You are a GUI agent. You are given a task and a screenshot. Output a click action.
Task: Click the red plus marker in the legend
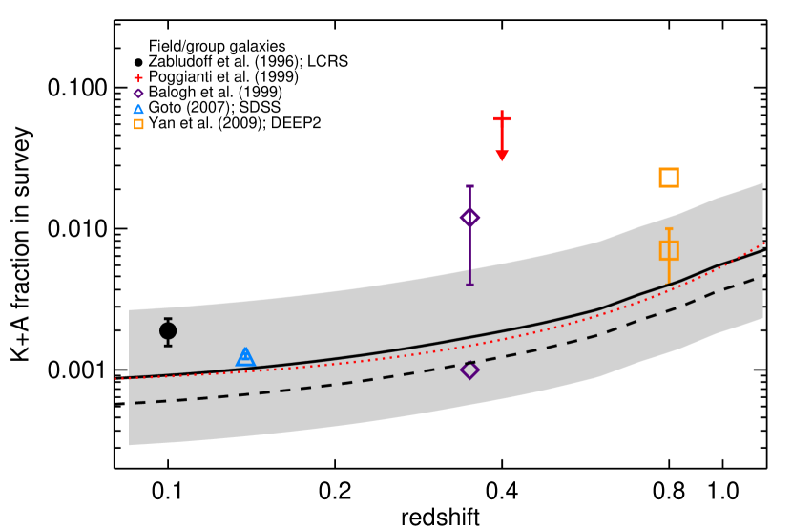click(138, 78)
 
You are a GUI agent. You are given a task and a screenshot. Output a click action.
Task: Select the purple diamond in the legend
click(138, 94)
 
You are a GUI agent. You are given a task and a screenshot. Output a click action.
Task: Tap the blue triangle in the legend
click(138, 109)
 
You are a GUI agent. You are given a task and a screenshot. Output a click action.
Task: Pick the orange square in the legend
click(138, 124)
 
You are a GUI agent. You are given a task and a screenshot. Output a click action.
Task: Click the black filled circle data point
click(168, 331)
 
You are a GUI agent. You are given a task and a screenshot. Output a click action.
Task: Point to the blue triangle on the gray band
click(245, 357)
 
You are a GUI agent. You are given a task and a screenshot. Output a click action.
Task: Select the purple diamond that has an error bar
click(469, 218)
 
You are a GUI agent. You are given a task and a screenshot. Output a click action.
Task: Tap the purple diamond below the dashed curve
click(469, 370)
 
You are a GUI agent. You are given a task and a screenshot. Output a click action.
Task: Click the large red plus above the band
click(502, 118)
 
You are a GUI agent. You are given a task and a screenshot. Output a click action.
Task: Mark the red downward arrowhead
click(502, 156)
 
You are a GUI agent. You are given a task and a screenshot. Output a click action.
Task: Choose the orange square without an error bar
click(669, 178)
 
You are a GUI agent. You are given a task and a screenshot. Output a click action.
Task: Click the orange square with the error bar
click(669, 250)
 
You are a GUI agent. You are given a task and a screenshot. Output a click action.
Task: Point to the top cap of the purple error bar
click(469, 186)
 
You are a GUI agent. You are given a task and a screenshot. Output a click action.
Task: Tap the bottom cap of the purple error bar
click(469, 285)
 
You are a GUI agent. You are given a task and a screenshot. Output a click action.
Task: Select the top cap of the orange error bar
click(669, 229)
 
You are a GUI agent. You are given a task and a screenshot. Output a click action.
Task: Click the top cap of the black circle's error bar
click(168, 319)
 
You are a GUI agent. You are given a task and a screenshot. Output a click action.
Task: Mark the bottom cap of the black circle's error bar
click(168, 345)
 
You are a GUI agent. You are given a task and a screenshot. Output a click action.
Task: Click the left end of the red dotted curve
click(115, 379)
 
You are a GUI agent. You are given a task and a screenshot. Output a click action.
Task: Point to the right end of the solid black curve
click(762, 251)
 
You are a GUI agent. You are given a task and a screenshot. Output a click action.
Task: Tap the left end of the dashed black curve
click(135, 403)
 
